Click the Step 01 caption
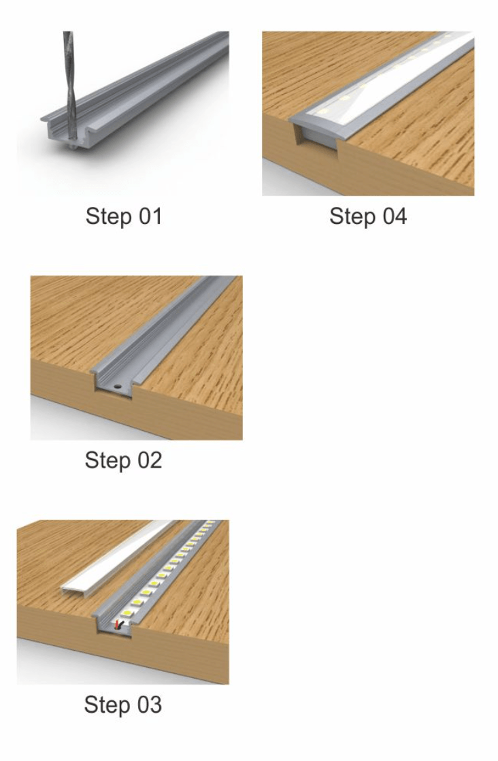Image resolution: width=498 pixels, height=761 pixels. [124, 216]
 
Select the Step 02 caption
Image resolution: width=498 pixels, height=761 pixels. [123, 460]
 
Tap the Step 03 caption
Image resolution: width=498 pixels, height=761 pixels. [122, 705]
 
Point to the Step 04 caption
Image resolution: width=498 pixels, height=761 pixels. [368, 216]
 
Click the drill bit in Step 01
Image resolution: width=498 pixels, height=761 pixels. [69, 87]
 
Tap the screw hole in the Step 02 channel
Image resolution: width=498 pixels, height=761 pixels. [117, 387]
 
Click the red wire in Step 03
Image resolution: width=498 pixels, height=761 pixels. [116, 626]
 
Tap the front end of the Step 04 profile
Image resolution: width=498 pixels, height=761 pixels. [319, 133]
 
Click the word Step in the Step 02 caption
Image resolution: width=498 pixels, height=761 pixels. [107, 461]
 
